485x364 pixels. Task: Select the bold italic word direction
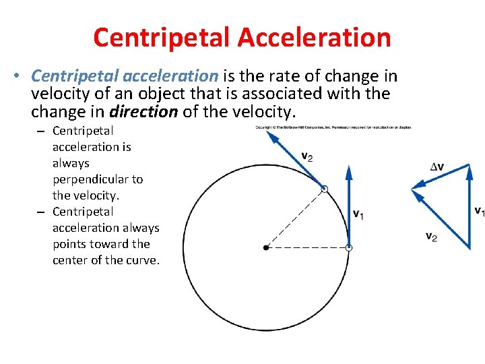point(143,111)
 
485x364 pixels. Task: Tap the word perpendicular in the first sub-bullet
point(98,179)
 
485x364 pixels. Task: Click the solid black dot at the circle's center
point(266,248)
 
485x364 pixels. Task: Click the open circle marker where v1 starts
point(348,248)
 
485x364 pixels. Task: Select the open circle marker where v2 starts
point(324,189)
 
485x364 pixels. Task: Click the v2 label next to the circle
point(306,157)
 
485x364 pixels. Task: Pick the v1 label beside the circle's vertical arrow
point(358,214)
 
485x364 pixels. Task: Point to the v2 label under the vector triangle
point(430,236)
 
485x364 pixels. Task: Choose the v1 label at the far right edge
point(479,211)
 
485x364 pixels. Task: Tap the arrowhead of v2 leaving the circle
point(273,135)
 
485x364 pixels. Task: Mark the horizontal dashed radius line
point(307,248)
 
